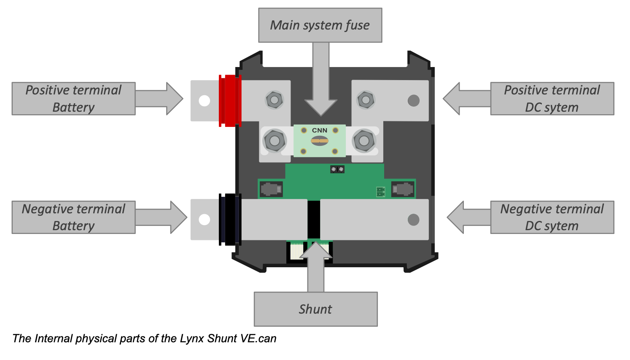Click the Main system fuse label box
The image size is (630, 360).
pos(320,25)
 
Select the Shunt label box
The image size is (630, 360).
pos(315,309)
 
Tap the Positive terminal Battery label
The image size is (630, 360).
pos(74,99)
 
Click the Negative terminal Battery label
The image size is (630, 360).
pos(74,217)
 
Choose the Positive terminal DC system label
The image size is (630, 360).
pos(552,99)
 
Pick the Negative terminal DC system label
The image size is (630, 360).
pos(552,217)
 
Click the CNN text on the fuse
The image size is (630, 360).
pos(320,131)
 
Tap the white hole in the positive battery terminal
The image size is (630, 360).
pos(205,101)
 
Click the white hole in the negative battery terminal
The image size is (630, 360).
pos(205,220)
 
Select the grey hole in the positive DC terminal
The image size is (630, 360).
pos(414,100)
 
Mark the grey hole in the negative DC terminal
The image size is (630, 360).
pos(414,220)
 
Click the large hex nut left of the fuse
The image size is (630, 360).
pos(275,141)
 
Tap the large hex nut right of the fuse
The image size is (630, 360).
pos(364,141)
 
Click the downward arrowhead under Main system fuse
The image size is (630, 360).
pos(321,107)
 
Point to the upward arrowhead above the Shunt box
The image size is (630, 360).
pos(316,250)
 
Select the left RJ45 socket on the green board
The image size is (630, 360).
pos(271,189)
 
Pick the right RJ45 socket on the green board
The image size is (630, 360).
pos(403,189)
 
